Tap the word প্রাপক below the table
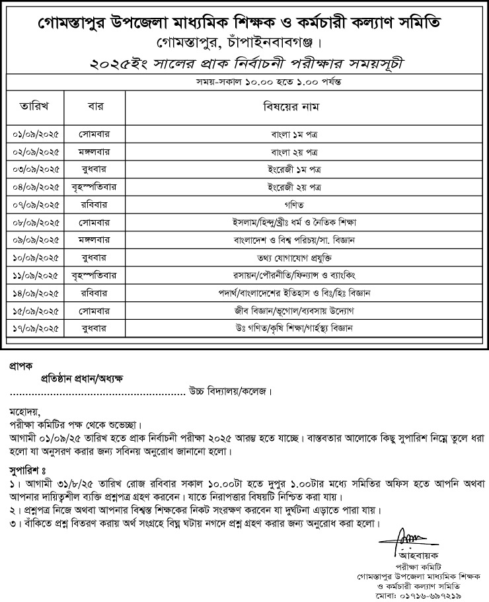click(x=22, y=365)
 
